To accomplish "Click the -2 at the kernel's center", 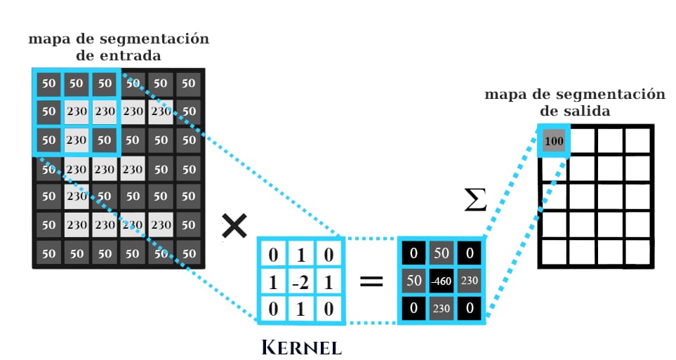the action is coord(300,282).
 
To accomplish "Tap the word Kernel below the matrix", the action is coord(301,347).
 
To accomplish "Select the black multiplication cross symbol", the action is coord(234,226).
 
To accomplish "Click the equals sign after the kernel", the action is coord(371,281).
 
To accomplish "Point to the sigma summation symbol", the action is coord(475,199).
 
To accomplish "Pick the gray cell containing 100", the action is coord(554,140).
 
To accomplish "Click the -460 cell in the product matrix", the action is coord(442,281).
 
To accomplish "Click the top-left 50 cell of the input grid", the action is coord(48,84).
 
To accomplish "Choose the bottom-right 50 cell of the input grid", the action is coord(189,253).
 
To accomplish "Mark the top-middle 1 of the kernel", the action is coord(301,255).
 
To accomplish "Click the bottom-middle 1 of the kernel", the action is coord(301,309).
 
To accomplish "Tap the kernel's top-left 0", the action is coord(273,255).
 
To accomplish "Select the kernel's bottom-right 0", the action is coord(329,309).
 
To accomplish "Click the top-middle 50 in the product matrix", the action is coord(442,253).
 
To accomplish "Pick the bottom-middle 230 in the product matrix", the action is coord(442,308).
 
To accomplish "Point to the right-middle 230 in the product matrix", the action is coord(470,281).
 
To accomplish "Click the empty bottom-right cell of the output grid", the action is coord(637,253).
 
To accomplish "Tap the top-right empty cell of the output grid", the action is coord(637,140).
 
